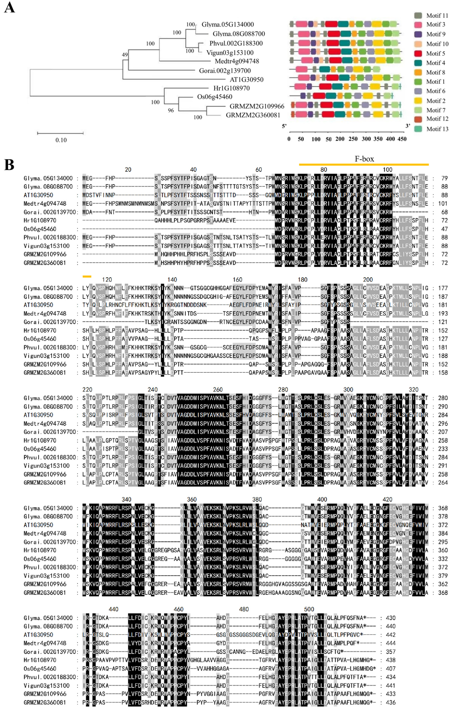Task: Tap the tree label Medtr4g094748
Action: click(x=237, y=61)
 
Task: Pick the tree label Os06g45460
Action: click(x=215, y=97)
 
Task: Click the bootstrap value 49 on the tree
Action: click(x=125, y=54)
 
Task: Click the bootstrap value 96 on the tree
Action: click(x=171, y=110)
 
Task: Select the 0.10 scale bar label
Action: click(x=61, y=140)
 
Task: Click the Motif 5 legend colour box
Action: click(x=418, y=53)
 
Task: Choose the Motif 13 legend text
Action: click(x=437, y=129)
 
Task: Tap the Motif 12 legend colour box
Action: click(x=418, y=119)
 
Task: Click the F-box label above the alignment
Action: click(x=364, y=159)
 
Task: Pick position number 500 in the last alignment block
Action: click(x=309, y=609)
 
